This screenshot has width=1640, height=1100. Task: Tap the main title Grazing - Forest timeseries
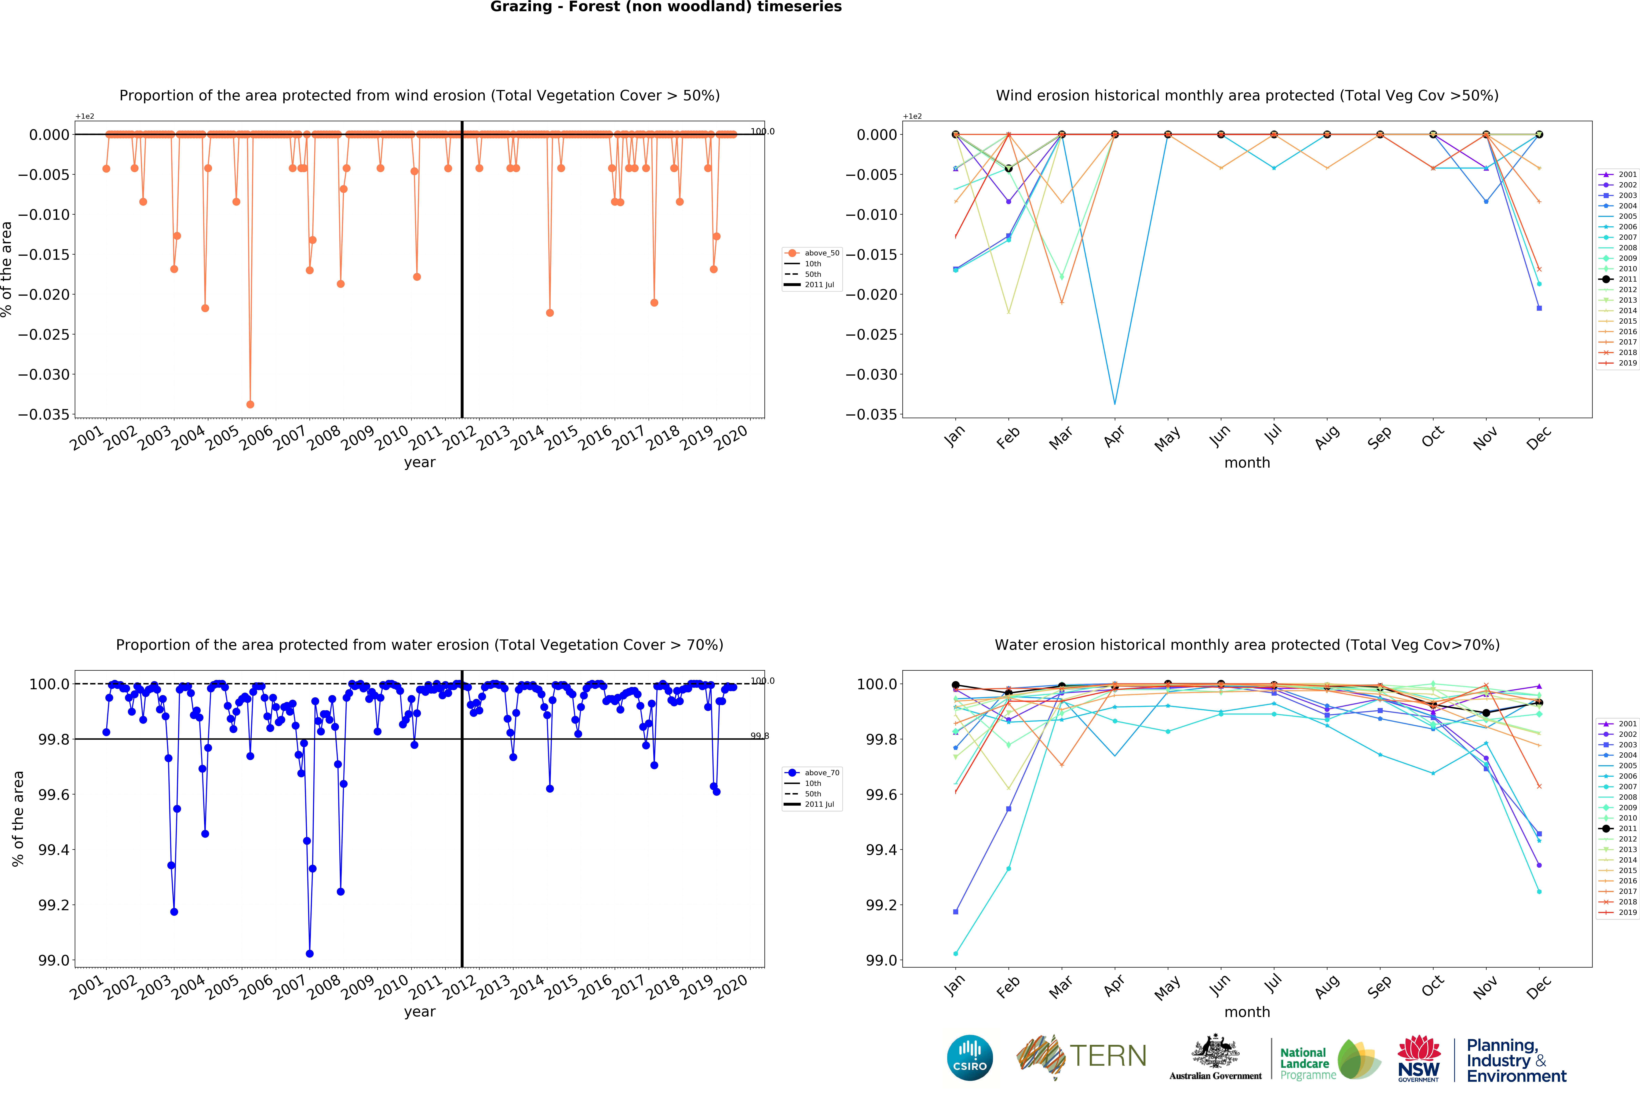[666, 7]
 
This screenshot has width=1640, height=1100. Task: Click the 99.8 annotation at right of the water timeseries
[760, 736]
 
